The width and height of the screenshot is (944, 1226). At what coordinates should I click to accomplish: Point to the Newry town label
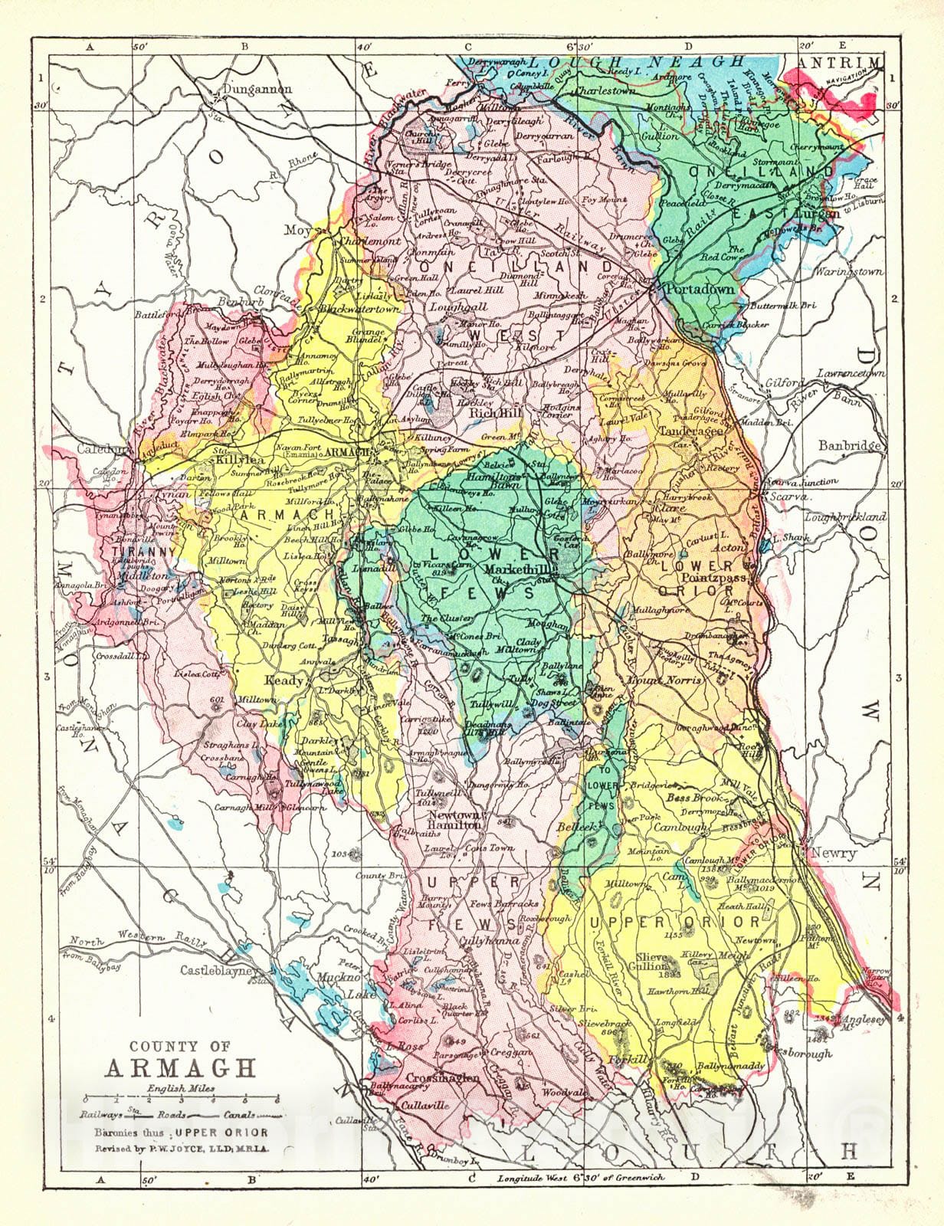pos(832,853)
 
